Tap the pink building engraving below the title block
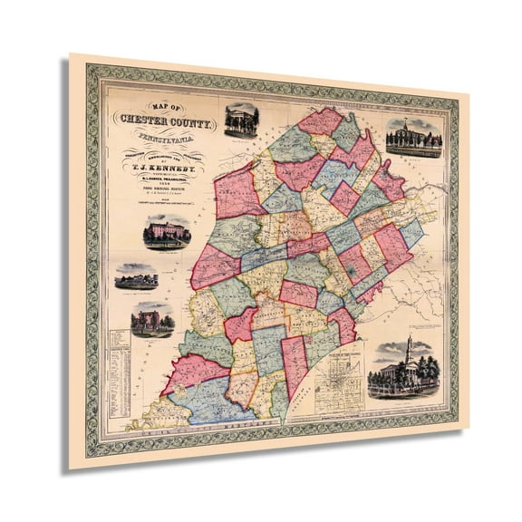point(167,232)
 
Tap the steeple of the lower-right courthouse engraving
point(408,345)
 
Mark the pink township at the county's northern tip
point(321,120)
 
